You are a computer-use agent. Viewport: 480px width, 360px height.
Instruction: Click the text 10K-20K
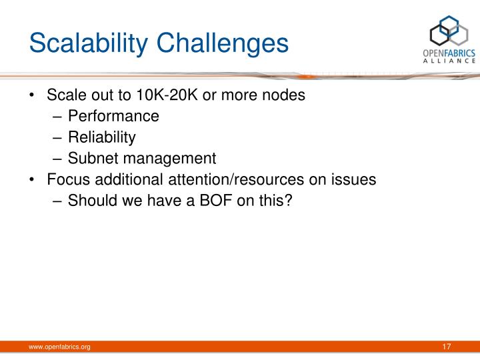click(170, 95)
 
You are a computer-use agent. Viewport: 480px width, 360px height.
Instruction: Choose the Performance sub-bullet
click(114, 117)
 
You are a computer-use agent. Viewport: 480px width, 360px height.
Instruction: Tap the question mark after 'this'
click(289, 200)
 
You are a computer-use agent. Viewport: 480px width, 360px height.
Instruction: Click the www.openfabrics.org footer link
click(59, 347)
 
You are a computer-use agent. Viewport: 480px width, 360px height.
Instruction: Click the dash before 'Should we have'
click(57, 200)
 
